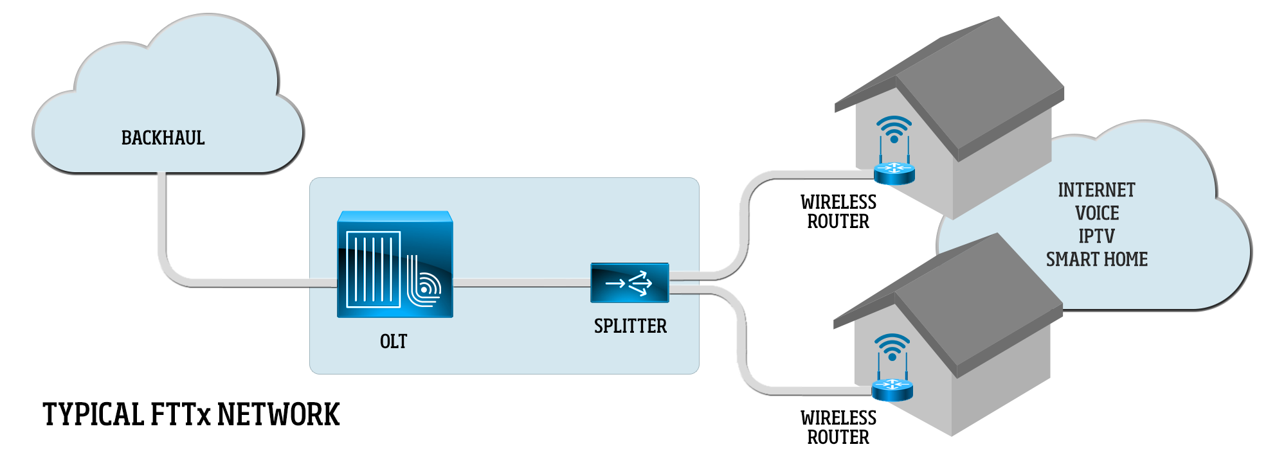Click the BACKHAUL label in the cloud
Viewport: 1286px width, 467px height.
click(163, 138)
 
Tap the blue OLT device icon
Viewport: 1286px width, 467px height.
click(395, 265)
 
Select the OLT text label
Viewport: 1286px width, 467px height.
click(394, 341)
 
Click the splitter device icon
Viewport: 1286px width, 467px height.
click(629, 283)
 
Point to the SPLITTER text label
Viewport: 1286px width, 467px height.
click(630, 326)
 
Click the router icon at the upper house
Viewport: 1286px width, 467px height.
click(894, 172)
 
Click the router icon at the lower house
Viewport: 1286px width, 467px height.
click(892, 389)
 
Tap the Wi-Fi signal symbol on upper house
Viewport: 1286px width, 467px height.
click(894, 129)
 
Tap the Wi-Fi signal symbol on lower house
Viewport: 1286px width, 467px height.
click(892, 347)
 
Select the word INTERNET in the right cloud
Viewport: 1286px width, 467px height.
click(1096, 190)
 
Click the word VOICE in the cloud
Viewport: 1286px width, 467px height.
click(1097, 213)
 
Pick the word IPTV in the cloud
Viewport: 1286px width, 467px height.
click(1096, 236)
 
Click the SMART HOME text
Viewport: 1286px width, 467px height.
click(1096, 260)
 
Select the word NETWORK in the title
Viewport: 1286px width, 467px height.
click(278, 414)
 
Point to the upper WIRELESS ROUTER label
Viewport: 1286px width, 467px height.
click(838, 212)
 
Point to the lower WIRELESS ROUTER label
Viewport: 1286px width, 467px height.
click(838, 428)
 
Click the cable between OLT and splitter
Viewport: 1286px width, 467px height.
click(521, 283)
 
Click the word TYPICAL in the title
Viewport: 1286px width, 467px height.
click(93, 414)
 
